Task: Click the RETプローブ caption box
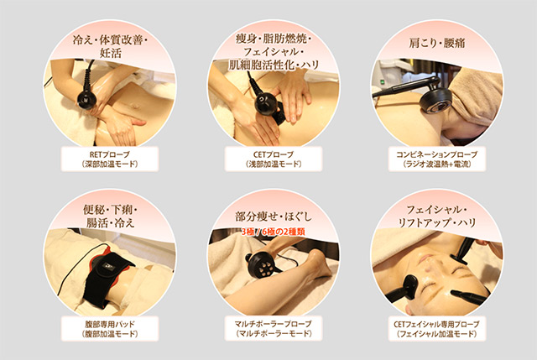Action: (x=110, y=159)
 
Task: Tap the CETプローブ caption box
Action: (x=274, y=159)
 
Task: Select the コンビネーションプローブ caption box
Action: (x=436, y=159)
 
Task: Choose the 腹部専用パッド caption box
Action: (x=110, y=328)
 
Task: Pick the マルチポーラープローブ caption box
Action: (x=274, y=328)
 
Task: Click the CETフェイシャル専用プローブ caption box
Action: (x=436, y=328)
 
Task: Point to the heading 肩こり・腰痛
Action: (x=437, y=43)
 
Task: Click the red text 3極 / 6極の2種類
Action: (x=273, y=232)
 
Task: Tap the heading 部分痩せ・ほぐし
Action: (x=274, y=217)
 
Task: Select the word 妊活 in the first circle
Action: (x=110, y=53)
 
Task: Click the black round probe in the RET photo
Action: (x=86, y=99)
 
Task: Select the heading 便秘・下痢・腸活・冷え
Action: (x=110, y=217)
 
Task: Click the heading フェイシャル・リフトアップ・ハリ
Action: (x=436, y=217)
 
